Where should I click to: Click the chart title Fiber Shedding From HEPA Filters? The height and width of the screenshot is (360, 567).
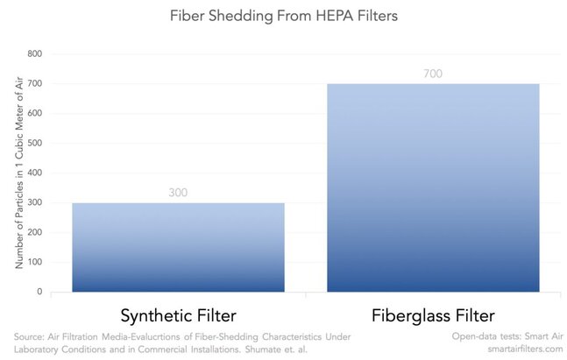(x=284, y=17)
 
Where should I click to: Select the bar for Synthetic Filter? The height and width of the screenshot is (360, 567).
(x=178, y=247)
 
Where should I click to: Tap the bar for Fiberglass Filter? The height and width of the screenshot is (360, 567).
(x=433, y=187)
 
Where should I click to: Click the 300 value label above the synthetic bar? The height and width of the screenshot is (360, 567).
(x=178, y=193)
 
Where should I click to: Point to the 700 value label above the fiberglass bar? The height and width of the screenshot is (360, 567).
(x=433, y=74)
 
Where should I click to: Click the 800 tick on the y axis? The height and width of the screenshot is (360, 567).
(x=35, y=53)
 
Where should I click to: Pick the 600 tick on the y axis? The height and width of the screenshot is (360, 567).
(x=35, y=113)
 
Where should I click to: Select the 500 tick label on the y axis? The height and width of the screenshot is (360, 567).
(x=35, y=143)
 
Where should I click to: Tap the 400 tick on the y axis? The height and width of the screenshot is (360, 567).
(x=35, y=173)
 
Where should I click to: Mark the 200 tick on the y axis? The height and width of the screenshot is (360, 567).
(x=35, y=232)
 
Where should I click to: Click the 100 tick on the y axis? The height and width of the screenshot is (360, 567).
(x=35, y=262)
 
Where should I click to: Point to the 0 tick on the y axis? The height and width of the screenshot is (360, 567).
(x=39, y=292)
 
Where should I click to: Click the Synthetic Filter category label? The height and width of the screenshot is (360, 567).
(x=178, y=316)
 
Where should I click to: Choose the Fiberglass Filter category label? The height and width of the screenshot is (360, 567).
(x=433, y=315)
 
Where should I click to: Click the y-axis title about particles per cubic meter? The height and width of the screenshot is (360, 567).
(x=18, y=173)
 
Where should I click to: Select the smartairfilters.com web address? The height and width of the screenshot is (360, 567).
(x=526, y=349)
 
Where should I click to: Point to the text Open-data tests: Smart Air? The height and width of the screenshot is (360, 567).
(x=507, y=336)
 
